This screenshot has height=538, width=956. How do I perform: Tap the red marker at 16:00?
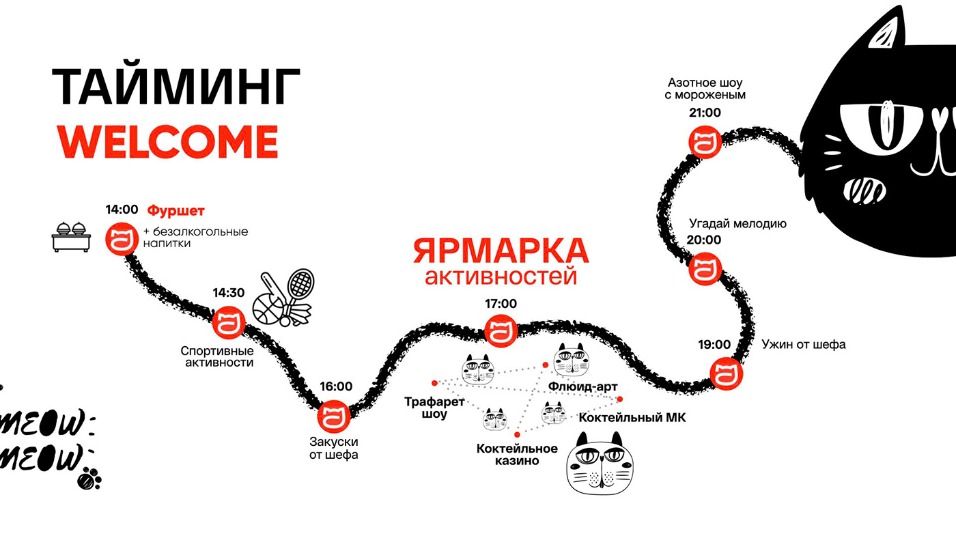coord(334,416)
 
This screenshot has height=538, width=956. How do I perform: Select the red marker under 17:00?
coord(501,331)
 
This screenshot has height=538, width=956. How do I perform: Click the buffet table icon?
coord(72,237)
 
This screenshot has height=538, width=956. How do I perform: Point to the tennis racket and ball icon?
coord(283,299)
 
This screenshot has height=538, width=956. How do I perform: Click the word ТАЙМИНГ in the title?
coord(176,87)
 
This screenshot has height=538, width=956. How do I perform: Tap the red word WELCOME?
coord(167,141)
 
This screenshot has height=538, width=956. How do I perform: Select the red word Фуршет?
coord(176,211)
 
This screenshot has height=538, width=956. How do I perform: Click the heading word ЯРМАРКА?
coord(500,251)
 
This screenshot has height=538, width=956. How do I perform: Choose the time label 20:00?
coord(704,240)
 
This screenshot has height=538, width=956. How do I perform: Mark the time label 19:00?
coord(714,344)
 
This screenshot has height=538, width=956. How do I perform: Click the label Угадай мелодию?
coord(737,223)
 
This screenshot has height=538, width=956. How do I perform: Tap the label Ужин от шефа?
coord(803,345)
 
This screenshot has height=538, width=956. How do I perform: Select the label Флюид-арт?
coord(582,387)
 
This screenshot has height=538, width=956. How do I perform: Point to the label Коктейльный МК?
coord(632,418)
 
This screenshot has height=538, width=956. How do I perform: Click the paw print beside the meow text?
coord(89,478)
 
